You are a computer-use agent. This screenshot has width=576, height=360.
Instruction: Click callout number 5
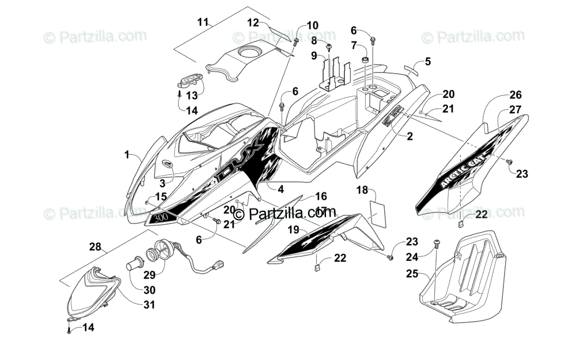coord(427,61)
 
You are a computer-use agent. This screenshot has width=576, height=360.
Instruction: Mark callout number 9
coord(314,55)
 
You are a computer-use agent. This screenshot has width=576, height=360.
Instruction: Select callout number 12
coord(254,22)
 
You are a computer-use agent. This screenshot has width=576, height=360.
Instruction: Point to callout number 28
coord(94,247)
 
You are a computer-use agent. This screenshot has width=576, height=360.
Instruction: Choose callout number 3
coord(162,183)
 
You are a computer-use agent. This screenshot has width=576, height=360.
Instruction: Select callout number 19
coord(294,229)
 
